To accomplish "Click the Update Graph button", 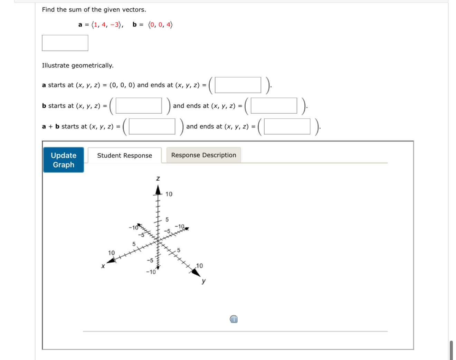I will [64, 160].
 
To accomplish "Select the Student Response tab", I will [124, 155].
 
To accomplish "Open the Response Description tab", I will [203, 155].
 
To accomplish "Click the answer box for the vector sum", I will [65, 43].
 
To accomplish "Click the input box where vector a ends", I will [238, 85].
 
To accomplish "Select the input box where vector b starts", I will [139, 106].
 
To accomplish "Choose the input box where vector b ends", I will [274, 106].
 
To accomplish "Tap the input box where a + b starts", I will [152, 126].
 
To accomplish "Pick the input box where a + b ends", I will [287, 126].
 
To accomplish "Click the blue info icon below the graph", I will [234, 319].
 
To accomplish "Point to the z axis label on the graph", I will [158, 178].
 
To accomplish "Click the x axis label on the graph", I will [103, 266].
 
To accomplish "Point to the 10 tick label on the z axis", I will [169, 194].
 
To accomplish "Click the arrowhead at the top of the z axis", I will [158, 190].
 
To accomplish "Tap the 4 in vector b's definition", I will [169, 25].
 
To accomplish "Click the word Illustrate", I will [55, 66].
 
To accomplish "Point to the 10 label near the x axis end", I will [111, 253].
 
